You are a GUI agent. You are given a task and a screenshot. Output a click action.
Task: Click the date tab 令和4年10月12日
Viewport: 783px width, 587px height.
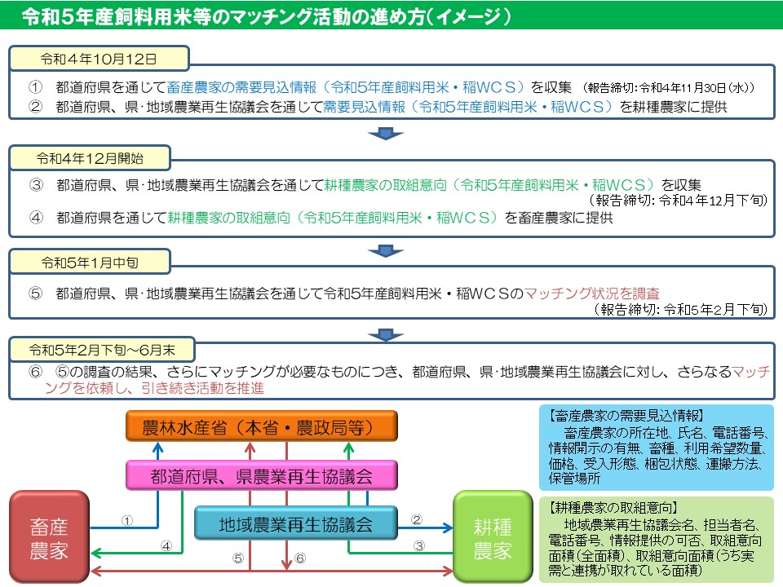99,59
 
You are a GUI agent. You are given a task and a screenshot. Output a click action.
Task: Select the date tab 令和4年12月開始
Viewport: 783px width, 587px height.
91,157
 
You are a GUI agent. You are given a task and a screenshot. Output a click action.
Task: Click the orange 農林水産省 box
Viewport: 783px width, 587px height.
261,426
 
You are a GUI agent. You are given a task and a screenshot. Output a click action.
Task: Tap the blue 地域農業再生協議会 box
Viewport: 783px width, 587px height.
295,523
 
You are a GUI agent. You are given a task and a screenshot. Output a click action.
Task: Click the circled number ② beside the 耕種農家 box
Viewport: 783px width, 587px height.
416,519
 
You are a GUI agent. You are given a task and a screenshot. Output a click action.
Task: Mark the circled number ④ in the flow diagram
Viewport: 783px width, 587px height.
166,545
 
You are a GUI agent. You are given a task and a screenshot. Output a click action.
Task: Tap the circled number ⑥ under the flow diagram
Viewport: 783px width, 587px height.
299,558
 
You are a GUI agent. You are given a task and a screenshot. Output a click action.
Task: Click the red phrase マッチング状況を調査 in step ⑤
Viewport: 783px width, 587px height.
591,293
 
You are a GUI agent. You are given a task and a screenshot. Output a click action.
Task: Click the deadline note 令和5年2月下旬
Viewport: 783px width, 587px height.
714,309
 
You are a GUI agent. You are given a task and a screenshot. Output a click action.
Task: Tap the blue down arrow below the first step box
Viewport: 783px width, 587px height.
386,134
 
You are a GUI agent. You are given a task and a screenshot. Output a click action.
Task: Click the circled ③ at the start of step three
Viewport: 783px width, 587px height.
35,185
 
